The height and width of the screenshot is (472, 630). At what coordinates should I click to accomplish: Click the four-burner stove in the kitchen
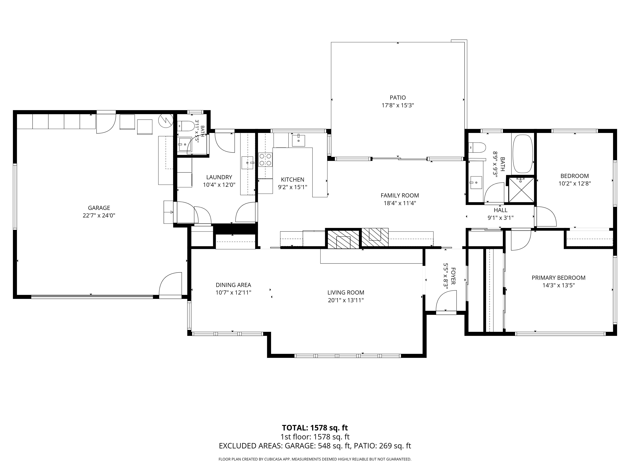pyautogui.click(x=265, y=160)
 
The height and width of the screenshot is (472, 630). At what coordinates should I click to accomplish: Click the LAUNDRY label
pyautogui.click(x=219, y=177)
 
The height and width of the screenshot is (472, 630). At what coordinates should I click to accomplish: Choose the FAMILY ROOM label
pyautogui.click(x=400, y=195)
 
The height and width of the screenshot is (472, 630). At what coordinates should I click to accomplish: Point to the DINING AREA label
pyautogui.click(x=233, y=285)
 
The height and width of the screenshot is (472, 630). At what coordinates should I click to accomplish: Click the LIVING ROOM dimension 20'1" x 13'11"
pyautogui.click(x=346, y=300)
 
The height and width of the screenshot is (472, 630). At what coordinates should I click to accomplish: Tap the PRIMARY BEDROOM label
pyautogui.click(x=558, y=278)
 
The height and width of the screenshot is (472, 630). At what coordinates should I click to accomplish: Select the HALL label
pyautogui.click(x=500, y=210)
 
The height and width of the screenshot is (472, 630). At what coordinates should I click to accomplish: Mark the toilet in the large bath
pyautogui.click(x=477, y=147)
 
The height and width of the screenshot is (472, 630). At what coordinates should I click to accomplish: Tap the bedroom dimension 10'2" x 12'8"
pyautogui.click(x=574, y=183)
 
